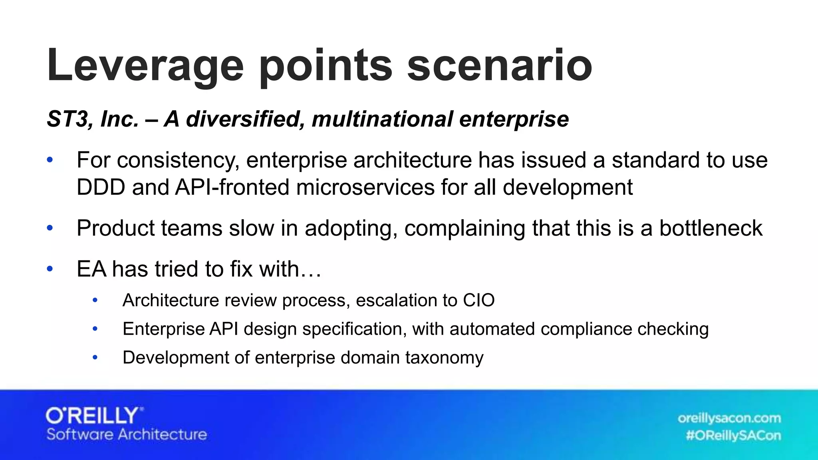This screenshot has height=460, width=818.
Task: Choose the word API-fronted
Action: (x=232, y=187)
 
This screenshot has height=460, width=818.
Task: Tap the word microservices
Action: (x=365, y=187)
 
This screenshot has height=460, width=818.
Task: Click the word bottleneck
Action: (x=711, y=228)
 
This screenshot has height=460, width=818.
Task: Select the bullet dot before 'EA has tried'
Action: (x=50, y=269)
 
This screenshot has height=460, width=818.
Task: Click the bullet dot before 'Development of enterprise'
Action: (x=95, y=357)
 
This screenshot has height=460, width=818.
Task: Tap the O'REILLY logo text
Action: (x=94, y=416)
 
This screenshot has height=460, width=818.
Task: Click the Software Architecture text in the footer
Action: (x=127, y=434)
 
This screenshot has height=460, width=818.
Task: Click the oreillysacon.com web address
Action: (x=729, y=418)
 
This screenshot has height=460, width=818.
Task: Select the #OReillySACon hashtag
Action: (x=733, y=435)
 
